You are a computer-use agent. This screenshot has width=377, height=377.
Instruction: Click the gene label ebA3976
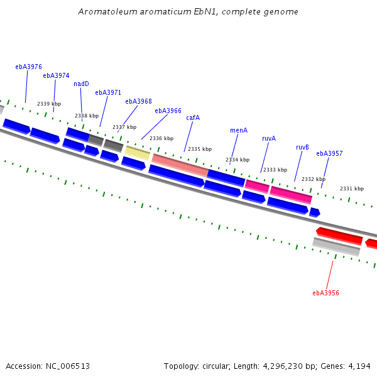pyautogui.click(x=29, y=67)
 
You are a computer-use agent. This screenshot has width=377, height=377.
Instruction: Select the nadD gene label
pyautogui.click(x=81, y=84)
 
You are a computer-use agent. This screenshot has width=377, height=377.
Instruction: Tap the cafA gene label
pyautogui.click(x=193, y=117)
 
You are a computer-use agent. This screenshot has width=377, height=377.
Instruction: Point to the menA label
pyautogui.click(x=239, y=130)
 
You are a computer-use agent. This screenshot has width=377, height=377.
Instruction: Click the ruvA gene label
pyautogui.click(x=269, y=138)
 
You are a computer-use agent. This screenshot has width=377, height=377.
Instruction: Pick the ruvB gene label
pyautogui.click(x=302, y=147)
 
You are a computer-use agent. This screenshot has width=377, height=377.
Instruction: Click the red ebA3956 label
pyautogui.click(x=325, y=293)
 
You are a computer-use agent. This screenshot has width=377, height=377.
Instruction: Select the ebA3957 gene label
pyautogui.click(x=329, y=153)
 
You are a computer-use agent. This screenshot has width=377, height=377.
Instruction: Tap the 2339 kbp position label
pyautogui.click(x=49, y=104)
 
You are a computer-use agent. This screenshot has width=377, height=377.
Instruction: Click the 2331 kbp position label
pyautogui.click(x=352, y=188)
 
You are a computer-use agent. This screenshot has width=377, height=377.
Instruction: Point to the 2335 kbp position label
pyautogui.click(x=200, y=149)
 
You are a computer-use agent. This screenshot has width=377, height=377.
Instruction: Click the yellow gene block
pyautogui.click(x=137, y=153)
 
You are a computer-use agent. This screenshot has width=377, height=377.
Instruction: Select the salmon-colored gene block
pyautogui.click(x=180, y=165)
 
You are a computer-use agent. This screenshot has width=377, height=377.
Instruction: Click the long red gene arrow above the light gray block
pyautogui.click(x=339, y=236)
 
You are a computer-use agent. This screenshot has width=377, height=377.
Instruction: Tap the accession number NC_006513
pyautogui.click(x=68, y=366)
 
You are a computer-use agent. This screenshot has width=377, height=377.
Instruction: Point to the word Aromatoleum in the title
pyautogui.click(x=108, y=11)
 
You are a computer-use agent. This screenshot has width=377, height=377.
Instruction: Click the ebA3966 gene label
pyautogui.click(x=168, y=111)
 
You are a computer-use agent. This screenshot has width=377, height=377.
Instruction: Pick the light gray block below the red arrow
pyautogui.click(x=336, y=247)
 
